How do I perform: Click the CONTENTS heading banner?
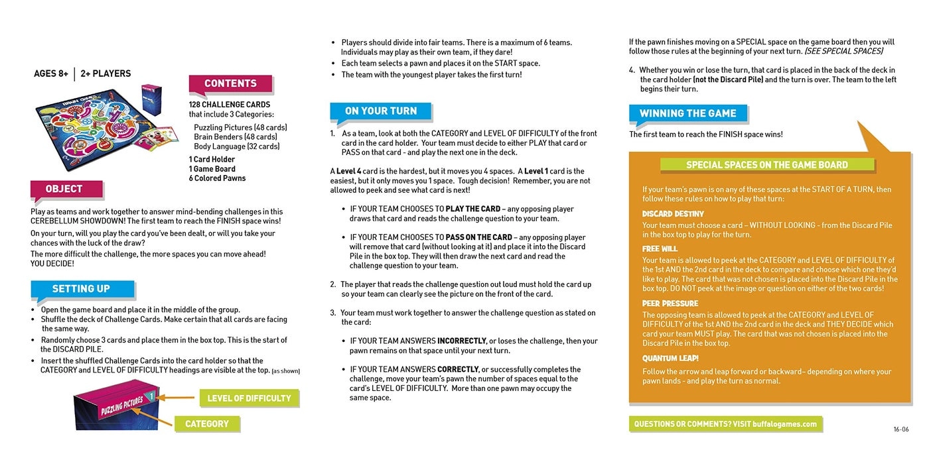tap(230, 84)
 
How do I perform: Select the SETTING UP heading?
tap(81, 289)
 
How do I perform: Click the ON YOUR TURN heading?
tap(381, 111)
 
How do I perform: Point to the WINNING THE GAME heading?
tap(687, 113)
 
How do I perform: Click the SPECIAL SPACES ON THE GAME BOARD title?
tap(766, 165)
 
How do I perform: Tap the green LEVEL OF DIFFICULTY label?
tap(249, 398)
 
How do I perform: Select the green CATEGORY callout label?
tap(207, 424)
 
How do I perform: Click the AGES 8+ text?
tap(51, 74)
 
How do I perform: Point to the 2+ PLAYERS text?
tap(106, 74)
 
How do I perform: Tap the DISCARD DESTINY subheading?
tap(672, 214)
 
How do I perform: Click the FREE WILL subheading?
tap(660, 249)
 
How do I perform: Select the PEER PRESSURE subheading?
tap(670, 304)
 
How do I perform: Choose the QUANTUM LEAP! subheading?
tap(670, 359)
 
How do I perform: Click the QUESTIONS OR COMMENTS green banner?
tap(725, 424)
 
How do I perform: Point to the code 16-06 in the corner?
tap(900, 429)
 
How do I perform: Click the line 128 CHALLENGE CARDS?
tap(230, 105)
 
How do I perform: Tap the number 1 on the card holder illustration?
tap(151, 396)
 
